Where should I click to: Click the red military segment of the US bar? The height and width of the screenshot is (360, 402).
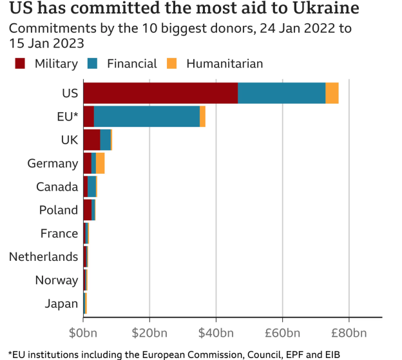160,93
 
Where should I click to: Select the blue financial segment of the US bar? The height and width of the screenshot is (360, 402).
282,93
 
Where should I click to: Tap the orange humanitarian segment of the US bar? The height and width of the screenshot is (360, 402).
332,93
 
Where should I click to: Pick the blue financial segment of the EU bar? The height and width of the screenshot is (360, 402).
147,117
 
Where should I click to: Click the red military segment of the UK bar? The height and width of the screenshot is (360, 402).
91,140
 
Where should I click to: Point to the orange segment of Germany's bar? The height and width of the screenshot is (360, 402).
100,163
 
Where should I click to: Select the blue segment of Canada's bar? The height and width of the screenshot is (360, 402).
91,186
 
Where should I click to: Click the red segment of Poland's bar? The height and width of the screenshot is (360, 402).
87,210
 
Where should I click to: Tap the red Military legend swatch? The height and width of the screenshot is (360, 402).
20,63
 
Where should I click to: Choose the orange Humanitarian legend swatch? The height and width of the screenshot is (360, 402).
172,63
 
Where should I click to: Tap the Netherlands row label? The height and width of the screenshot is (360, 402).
43,257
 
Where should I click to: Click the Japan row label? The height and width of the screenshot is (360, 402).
61,303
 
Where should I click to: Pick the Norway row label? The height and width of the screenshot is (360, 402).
57,280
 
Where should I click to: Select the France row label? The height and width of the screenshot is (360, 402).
59,233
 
